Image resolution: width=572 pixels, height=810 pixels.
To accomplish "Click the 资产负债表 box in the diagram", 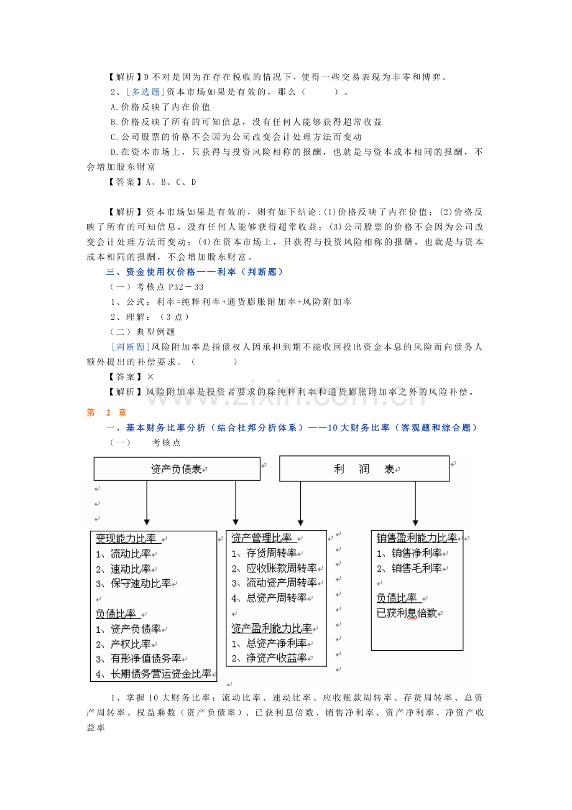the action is [x=177, y=469].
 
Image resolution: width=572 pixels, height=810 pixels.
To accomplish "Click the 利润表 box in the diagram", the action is [x=364, y=469].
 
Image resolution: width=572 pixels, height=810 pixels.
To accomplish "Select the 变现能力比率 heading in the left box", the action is [x=126, y=539].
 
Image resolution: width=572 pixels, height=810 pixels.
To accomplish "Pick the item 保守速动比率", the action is [x=141, y=584].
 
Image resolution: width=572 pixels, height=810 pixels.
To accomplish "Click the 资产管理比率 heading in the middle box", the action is [x=261, y=538].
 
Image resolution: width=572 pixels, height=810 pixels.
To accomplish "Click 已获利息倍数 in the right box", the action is [x=407, y=613].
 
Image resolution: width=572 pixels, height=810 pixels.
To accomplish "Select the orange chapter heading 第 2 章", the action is [x=106, y=412].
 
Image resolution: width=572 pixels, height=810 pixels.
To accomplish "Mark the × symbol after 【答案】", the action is [x=150, y=377].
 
